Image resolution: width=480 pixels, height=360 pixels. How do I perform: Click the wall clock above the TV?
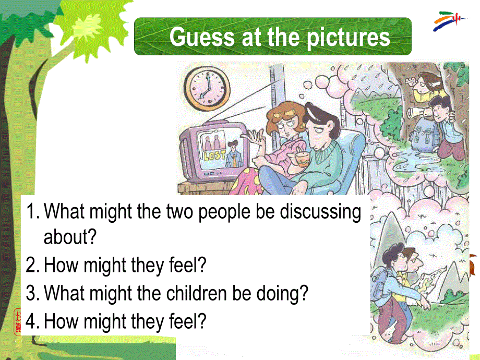(207, 88)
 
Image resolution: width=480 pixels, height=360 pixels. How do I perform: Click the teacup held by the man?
(302, 160)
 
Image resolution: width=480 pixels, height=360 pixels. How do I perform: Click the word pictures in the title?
(349, 38)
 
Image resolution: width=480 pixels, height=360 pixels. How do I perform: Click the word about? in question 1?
(70, 237)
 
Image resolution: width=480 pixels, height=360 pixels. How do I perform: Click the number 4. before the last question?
(33, 321)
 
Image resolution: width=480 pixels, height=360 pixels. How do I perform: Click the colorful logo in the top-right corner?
(449, 20)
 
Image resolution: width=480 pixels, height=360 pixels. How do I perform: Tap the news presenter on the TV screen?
(234, 154)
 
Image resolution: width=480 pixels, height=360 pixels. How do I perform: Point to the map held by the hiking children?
(434, 282)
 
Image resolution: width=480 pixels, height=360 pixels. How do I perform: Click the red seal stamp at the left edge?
(17, 321)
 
